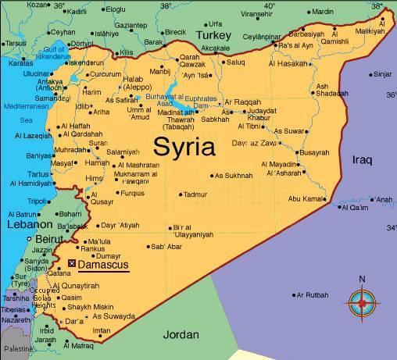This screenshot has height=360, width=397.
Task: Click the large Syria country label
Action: (x=185, y=145)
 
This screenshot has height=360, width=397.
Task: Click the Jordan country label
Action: (x=181, y=334)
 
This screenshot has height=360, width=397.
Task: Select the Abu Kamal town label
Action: (x=306, y=198)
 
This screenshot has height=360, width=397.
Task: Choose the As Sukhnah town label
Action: (x=234, y=176)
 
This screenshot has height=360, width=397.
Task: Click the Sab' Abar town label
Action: (x=166, y=248)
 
